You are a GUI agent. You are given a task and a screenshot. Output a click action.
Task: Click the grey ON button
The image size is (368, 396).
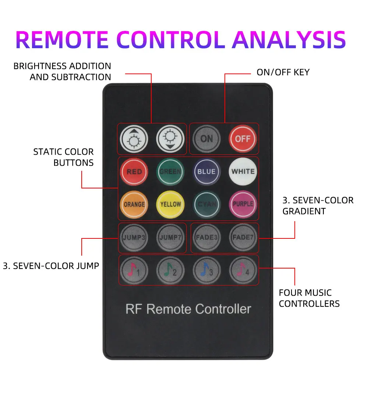tap(206, 139)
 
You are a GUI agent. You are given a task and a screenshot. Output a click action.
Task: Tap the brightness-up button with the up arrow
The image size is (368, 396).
tap(134, 139)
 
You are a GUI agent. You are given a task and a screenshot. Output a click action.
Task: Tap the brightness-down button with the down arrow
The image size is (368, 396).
tap(170, 139)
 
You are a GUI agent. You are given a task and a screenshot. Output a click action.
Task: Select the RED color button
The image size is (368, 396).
tap(134, 172)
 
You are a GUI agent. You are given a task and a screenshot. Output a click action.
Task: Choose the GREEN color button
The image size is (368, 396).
tap(170, 172)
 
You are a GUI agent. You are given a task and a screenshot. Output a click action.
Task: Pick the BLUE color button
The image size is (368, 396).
tap(206, 172)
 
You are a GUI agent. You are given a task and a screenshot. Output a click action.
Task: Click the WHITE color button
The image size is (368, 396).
tap(243, 172)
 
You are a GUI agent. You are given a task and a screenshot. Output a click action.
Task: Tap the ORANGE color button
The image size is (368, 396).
tap(134, 204)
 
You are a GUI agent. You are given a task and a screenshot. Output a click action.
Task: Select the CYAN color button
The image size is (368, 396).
tap(206, 204)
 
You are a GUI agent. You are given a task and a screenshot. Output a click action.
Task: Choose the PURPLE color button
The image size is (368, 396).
tap(243, 204)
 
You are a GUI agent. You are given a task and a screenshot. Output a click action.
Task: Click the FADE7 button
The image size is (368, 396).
tap(243, 237)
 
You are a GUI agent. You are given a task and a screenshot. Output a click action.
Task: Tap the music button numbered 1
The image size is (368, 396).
tap(134, 271)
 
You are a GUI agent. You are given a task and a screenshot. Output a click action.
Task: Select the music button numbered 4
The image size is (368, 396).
tap(243, 271)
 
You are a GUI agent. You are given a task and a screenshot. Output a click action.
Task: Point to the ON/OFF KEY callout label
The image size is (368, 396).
tap(283, 72)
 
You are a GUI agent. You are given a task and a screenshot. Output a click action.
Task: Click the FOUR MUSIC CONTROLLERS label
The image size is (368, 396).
tap(309, 298)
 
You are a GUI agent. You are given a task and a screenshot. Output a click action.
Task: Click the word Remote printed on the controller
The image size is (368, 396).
tap(170, 309)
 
